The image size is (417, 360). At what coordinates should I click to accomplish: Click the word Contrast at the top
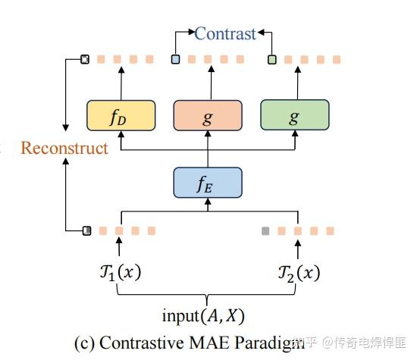(224, 33)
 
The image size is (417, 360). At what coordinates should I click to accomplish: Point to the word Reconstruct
(64, 148)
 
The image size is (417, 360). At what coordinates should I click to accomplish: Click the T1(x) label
(118, 273)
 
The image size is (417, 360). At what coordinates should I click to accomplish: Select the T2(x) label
(298, 273)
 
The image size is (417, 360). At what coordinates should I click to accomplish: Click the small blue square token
(176, 59)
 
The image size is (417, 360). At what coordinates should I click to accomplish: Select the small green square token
(271, 59)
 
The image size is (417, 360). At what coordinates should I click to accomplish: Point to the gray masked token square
(265, 230)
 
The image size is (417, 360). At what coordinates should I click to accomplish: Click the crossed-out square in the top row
(86, 59)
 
